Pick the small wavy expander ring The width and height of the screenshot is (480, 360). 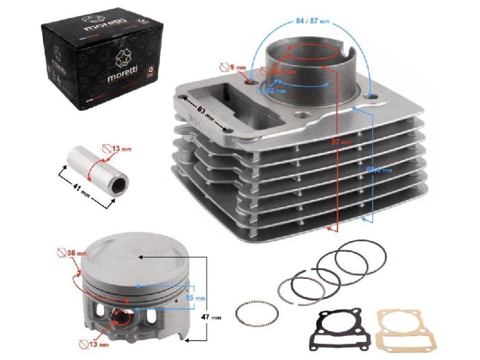tap(257, 314)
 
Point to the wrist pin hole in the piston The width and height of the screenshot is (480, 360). tap(121, 316)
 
